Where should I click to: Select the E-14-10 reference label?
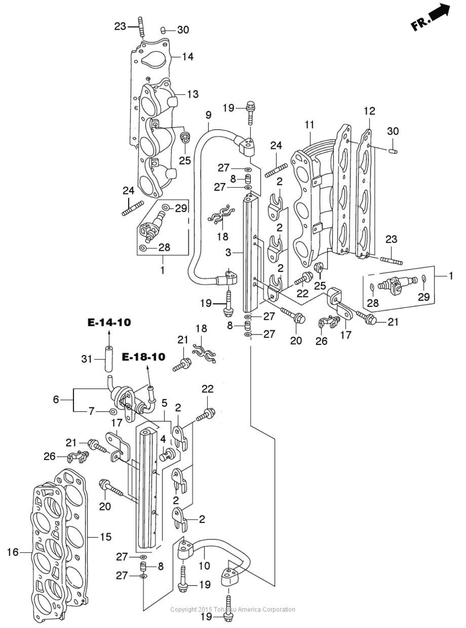pyautogui.click(x=109, y=323)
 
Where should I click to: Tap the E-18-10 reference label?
pyautogui.click(x=144, y=357)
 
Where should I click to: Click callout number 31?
pyautogui.click(x=87, y=359)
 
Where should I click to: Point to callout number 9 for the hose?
pyautogui.click(x=208, y=115)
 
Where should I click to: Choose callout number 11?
pyautogui.click(x=309, y=125)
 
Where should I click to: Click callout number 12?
pyautogui.click(x=369, y=111)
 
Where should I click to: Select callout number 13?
pyautogui.click(x=192, y=94)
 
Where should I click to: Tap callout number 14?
pyautogui.click(x=187, y=56)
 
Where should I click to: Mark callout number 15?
pyautogui.click(x=105, y=537)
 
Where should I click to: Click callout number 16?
pyautogui.click(x=13, y=552)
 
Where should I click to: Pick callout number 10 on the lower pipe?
pyautogui.click(x=204, y=565)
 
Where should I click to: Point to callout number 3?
pyautogui.click(x=228, y=253)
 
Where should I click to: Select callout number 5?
pyautogui.click(x=164, y=403)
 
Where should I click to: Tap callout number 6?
pyautogui.click(x=56, y=400)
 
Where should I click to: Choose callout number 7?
pyautogui.click(x=91, y=411)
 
